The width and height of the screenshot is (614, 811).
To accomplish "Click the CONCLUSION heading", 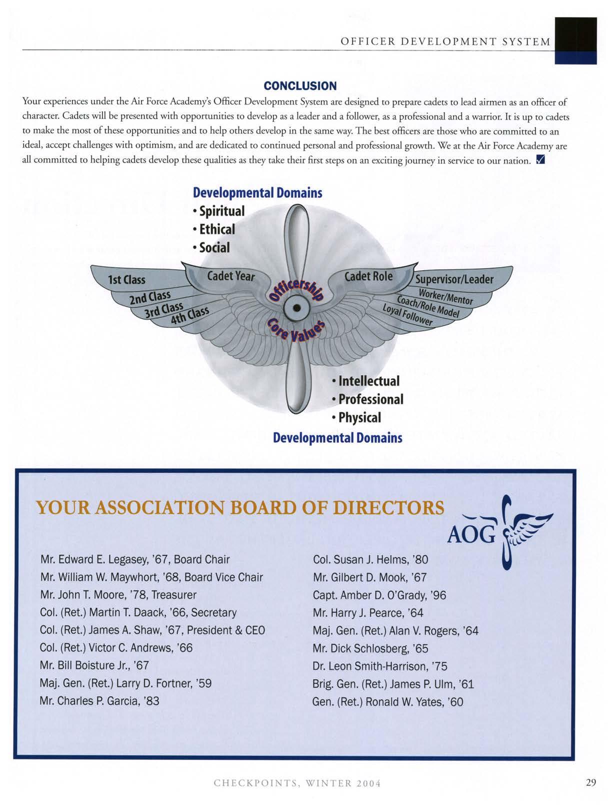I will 300,86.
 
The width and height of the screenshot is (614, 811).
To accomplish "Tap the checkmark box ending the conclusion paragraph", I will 539,161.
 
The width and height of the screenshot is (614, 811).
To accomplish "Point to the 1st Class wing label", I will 127,279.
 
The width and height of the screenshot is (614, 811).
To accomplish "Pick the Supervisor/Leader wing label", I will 454,279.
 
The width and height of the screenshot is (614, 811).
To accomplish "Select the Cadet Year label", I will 230,276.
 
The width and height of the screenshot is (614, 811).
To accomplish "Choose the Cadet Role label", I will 368,276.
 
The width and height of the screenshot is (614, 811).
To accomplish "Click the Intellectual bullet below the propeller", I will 366,381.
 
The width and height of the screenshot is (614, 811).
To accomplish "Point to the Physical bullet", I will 357,417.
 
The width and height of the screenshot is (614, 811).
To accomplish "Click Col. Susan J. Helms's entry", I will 370,559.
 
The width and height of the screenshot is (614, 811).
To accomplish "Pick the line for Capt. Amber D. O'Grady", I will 379,595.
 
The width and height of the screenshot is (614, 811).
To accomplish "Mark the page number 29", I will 591,783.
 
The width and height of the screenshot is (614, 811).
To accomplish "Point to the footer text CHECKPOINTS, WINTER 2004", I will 297,783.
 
